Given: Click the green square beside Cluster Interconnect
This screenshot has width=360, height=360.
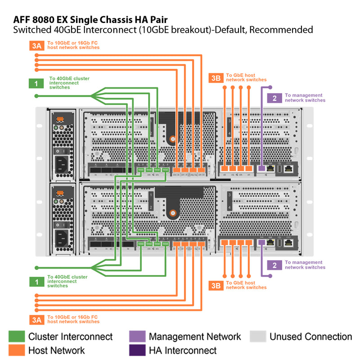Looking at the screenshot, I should (17, 337).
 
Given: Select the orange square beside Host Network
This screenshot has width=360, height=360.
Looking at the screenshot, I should (17, 350).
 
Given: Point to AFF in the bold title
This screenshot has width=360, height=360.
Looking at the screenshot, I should (23, 20).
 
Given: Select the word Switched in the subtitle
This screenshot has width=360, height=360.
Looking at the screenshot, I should (31, 30).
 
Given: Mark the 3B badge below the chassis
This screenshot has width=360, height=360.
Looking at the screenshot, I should (216, 285).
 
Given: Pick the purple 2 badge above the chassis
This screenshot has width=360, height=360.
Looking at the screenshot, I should (274, 98).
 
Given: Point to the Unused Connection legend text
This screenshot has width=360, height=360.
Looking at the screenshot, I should (310, 337).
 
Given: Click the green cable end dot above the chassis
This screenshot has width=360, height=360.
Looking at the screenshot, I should (36, 96).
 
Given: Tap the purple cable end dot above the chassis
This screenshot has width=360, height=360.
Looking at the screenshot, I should (270, 87).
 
